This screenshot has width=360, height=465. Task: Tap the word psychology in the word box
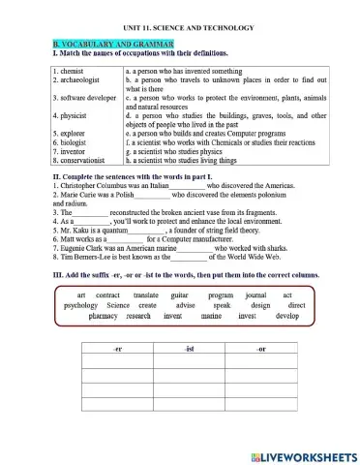point(87,305)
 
